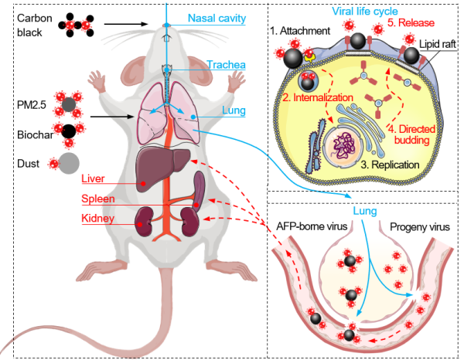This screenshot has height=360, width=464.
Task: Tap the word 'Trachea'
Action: coord(227,66)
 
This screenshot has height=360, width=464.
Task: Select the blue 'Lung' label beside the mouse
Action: coord(234,111)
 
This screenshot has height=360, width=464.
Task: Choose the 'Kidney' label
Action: coord(98,219)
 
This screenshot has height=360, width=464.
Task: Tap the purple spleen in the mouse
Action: coord(200,188)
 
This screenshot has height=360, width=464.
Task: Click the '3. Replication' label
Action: coord(391,165)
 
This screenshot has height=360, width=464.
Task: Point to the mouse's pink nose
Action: coord(167,36)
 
